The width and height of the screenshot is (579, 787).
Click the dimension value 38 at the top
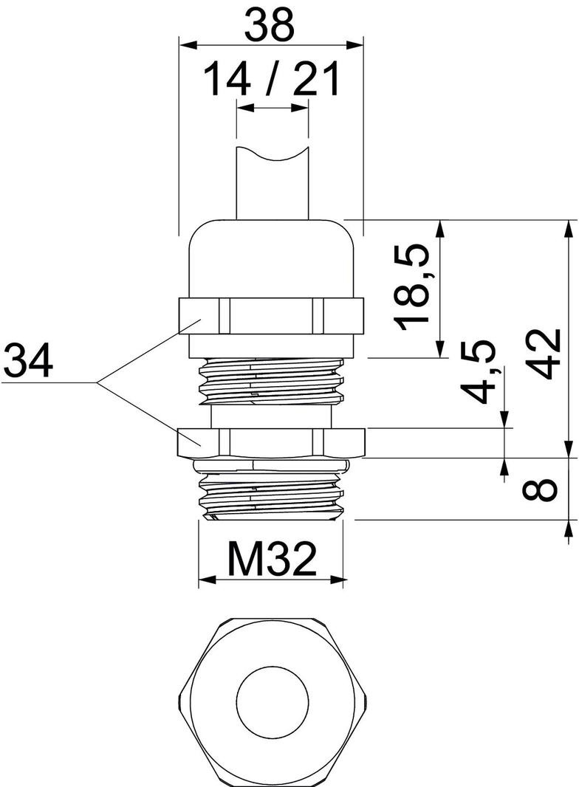tap(270, 25)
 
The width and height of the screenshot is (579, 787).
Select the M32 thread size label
tap(272, 558)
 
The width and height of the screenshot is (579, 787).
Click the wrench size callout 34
tap(28, 361)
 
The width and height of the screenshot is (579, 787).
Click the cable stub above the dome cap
tap(271, 185)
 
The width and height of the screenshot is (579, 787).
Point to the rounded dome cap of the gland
tap(271, 258)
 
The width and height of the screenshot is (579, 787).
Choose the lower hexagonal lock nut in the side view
tap(271, 441)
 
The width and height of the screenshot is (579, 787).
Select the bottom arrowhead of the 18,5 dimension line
tap(441, 351)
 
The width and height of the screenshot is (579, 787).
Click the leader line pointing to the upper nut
tap(140, 354)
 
